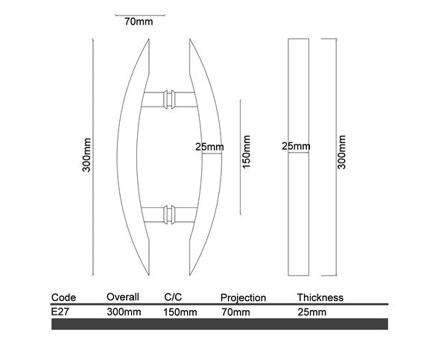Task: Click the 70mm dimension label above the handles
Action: (139, 22)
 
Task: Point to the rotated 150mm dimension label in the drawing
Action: (247, 151)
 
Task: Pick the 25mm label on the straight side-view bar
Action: (296, 147)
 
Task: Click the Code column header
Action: (63, 297)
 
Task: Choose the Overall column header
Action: (123, 297)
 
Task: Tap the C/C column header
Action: (173, 297)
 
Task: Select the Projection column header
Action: (243, 298)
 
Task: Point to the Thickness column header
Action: (320, 297)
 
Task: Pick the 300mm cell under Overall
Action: (124, 312)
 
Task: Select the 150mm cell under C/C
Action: (180, 312)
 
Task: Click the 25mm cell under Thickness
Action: (311, 312)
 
